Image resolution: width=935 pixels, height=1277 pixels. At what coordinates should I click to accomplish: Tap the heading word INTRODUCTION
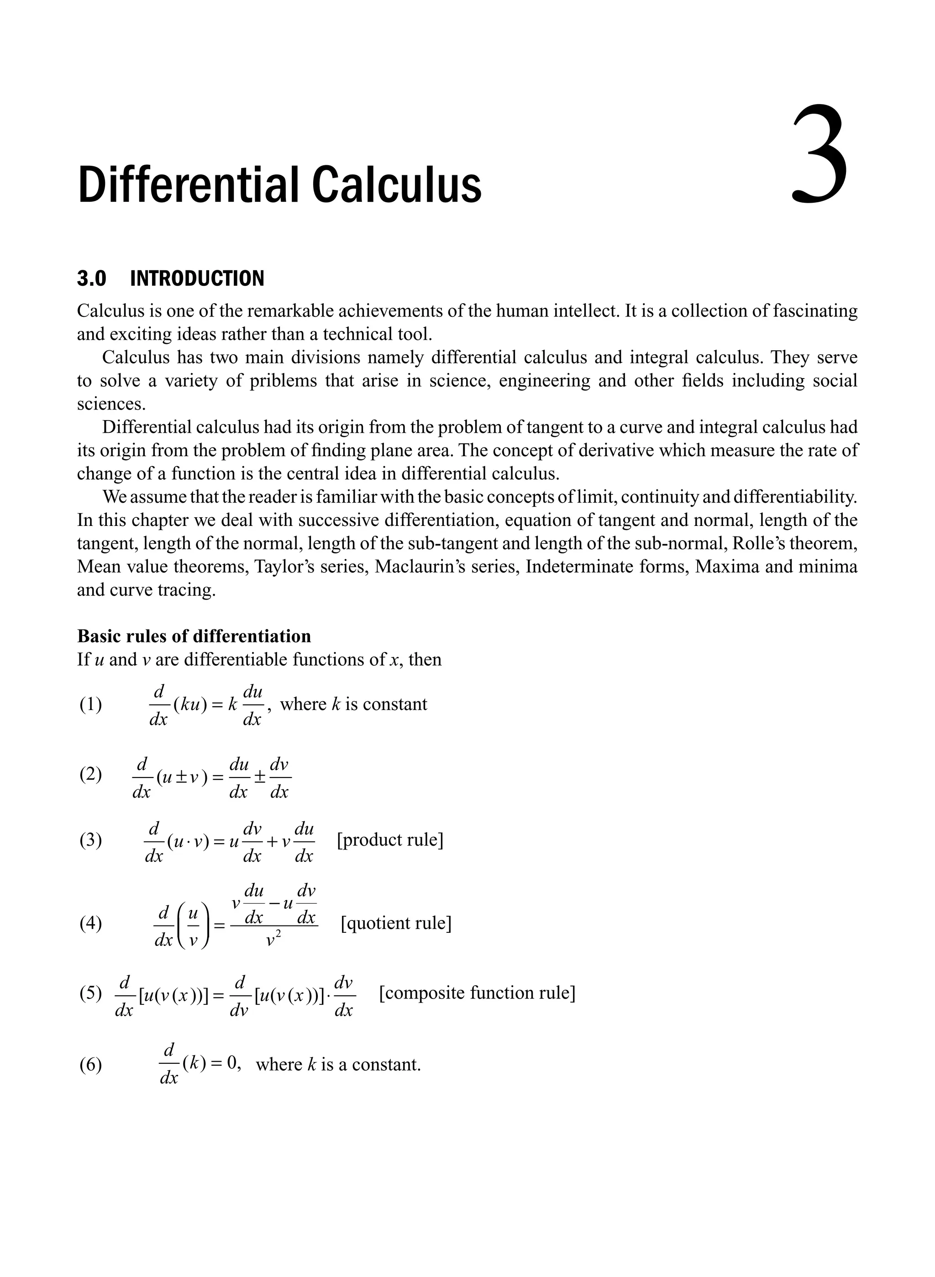click(197, 279)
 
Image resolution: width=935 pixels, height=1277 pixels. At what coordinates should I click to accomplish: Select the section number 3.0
click(92, 279)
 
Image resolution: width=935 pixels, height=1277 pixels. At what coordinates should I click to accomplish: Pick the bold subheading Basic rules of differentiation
click(194, 636)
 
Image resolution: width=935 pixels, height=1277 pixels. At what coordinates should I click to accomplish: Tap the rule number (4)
click(90, 923)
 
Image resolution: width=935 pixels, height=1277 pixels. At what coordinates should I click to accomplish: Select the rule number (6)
click(90, 1065)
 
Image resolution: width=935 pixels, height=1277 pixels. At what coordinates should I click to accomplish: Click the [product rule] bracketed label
click(390, 840)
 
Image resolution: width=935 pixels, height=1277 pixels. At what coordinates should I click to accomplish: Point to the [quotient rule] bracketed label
click(396, 923)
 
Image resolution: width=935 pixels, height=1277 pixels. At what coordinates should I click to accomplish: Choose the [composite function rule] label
click(477, 993)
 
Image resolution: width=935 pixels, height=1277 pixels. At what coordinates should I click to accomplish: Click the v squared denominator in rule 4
click(273, 940)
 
